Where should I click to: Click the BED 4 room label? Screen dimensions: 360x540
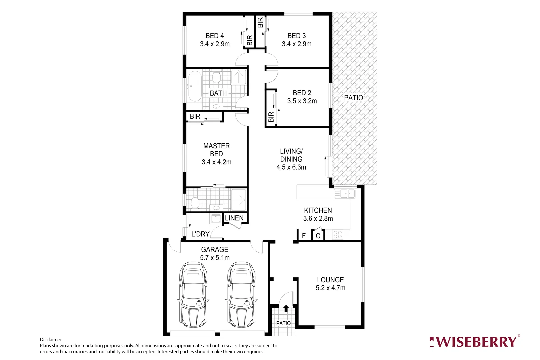point(214,36)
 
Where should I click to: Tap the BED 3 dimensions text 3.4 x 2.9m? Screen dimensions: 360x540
point(296,44)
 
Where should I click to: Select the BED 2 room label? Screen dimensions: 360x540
point(302,93)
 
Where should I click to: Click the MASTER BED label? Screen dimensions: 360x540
point(216,150)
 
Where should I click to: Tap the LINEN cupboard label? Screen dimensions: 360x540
point(234,218)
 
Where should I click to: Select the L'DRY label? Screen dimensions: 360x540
point(200,234)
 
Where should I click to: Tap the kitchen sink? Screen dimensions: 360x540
point(345,193)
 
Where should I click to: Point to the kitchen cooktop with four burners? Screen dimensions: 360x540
point(337,234)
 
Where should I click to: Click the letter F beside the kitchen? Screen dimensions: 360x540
point(304,236)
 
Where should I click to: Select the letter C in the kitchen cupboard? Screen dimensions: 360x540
point(318,236)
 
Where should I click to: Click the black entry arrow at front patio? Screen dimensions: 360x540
point(286,308)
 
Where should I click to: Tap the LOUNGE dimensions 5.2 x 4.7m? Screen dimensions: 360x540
point(330,288)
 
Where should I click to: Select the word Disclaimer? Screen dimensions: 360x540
point(51,340)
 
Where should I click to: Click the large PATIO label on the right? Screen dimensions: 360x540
point(353,98)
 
